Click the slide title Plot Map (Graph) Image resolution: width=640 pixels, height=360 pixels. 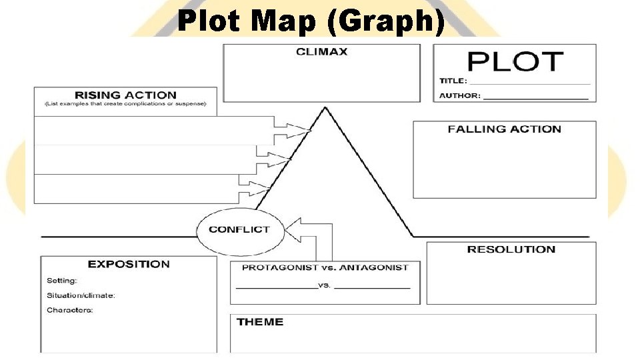coord(311,22)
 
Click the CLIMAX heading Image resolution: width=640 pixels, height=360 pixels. coord(321,52)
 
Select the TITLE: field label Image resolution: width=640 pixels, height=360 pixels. coord(453,81)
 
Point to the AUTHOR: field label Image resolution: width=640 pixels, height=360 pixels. coord(459,95)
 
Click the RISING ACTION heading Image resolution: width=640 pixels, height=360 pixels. coord(125,95)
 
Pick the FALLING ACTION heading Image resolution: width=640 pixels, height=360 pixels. coord(504,129)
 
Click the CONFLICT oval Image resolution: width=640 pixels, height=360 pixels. coord(239,229)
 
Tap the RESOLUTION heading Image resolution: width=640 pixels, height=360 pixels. coord(511,249)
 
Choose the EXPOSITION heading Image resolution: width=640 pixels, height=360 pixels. coord(129,264)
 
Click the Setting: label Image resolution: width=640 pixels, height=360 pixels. coord(61,281)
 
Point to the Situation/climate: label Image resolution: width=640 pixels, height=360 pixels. coord(81,295)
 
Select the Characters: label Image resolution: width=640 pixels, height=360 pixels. coord(69,310)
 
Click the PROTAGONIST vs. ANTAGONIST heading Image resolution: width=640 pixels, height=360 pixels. coord(325,267)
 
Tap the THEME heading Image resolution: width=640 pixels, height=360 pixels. coord(259,322)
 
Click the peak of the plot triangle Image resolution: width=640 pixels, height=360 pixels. coord(325,108)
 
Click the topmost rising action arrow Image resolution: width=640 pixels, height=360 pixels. coord(293,127)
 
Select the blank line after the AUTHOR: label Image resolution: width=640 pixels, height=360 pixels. coord(535,97)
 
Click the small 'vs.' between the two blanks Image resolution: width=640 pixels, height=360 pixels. coord(325,285)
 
